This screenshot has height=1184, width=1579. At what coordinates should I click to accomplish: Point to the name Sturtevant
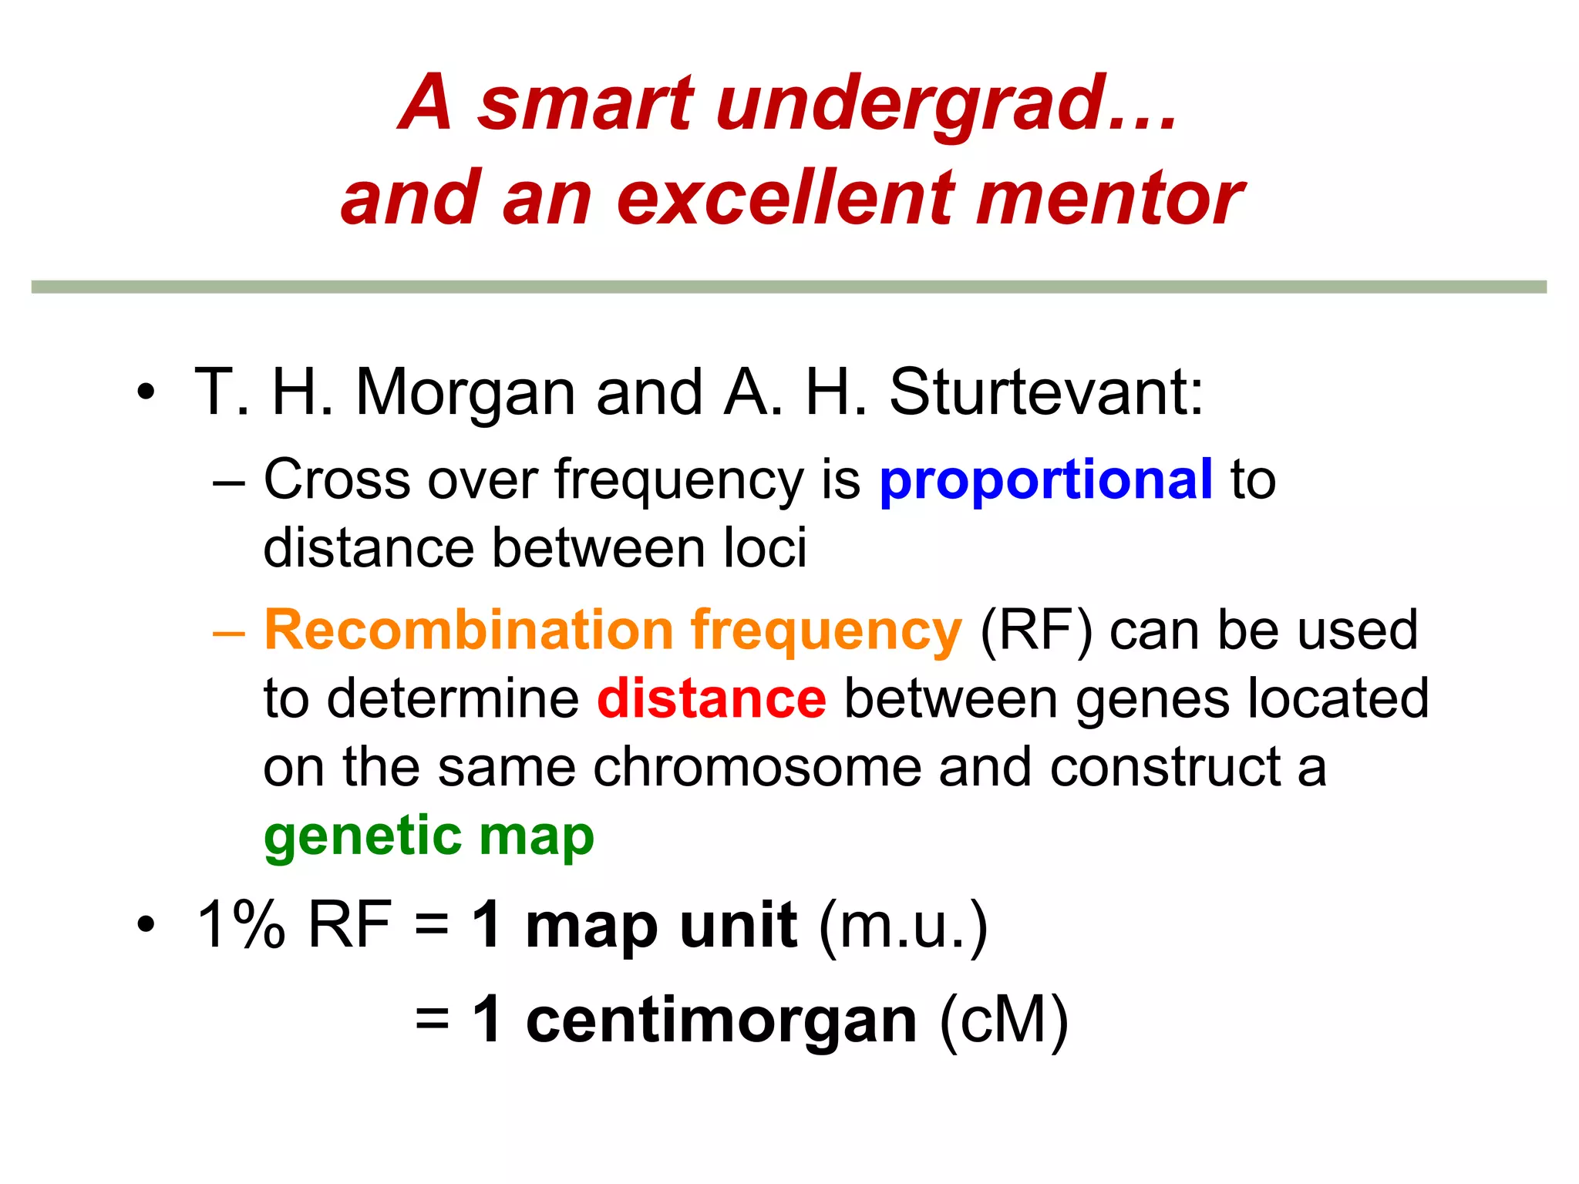1045,392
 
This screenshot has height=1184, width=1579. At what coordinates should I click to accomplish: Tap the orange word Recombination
469,631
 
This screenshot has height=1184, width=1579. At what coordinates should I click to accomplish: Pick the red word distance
712,699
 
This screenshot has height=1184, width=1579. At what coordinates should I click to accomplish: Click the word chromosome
756,768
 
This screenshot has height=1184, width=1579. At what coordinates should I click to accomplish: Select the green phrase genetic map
429,837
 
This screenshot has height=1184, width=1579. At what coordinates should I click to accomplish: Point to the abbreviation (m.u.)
903,926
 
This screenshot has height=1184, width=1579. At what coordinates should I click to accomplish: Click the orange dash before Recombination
229,632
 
